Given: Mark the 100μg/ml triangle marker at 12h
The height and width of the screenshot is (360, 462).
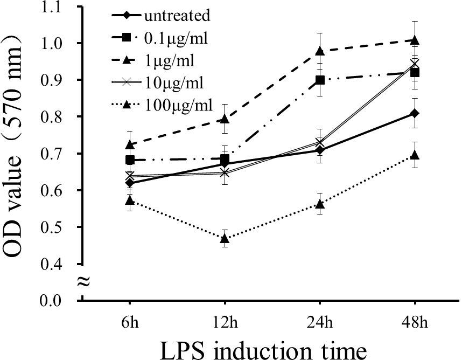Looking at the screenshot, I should [x=225, y=239].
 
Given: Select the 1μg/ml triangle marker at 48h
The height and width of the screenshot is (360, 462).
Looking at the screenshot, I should [x=415, y=40].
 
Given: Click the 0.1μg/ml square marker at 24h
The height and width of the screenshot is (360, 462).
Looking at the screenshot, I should [x=320, y=80].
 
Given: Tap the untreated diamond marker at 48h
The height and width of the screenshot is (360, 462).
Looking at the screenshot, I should [x=415, y=113].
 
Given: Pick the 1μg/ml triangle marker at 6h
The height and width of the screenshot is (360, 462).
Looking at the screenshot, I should [x=129, y=144].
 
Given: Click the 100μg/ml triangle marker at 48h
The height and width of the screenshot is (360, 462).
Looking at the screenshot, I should [x=415, y=155].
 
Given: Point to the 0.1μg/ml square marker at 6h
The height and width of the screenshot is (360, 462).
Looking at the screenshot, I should [x=129, y=160].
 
